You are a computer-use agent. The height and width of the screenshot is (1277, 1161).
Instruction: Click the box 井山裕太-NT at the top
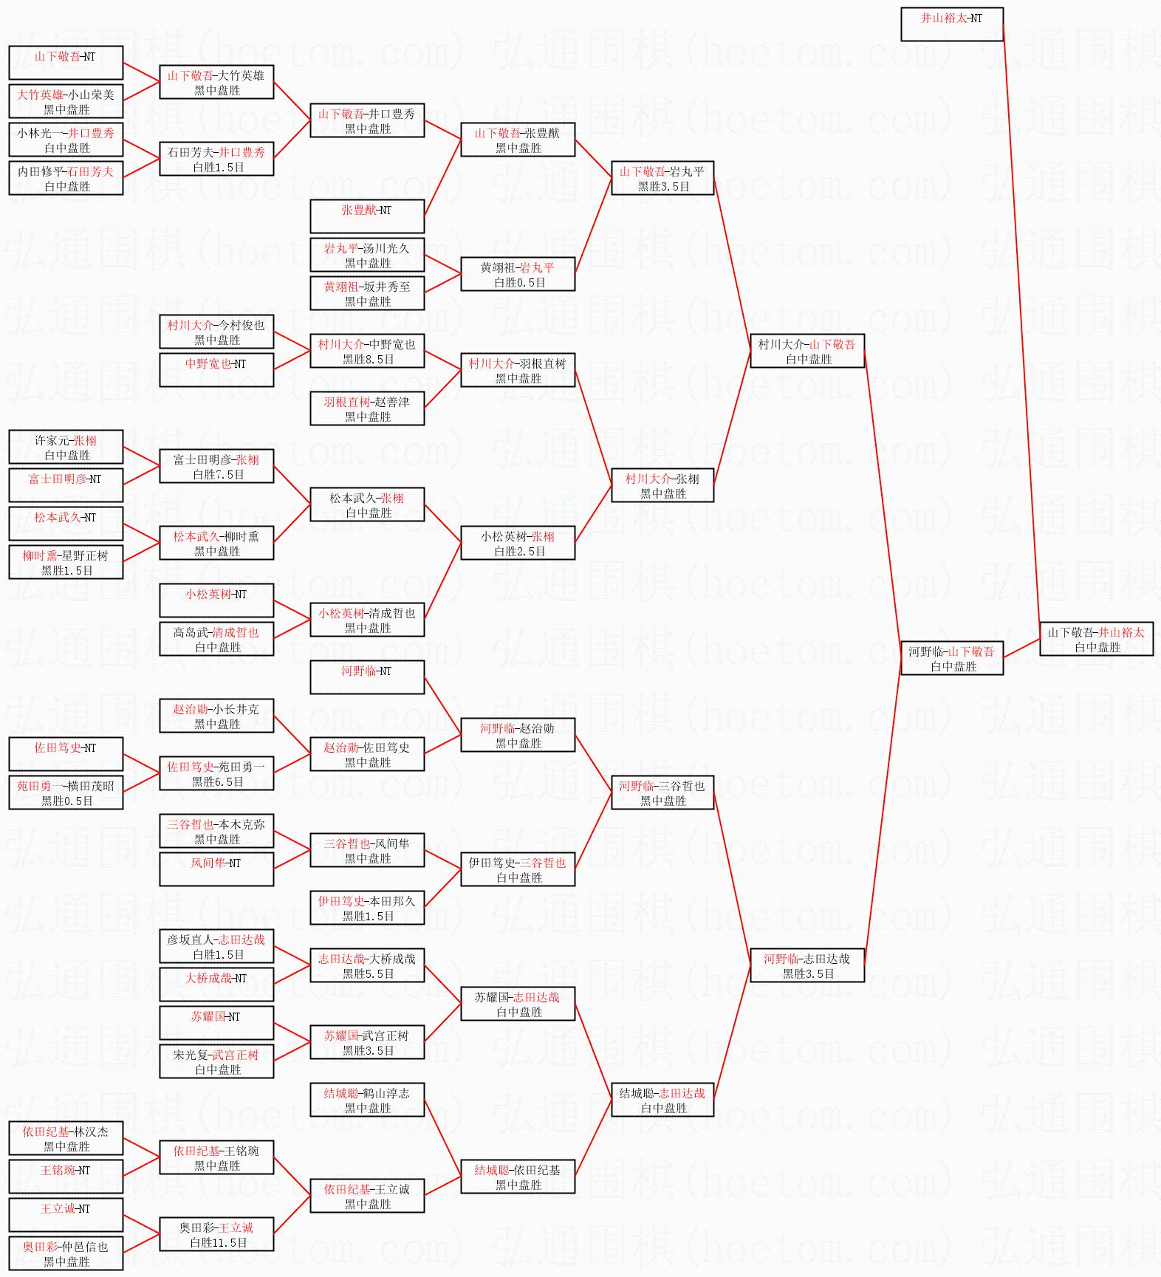[951, 24]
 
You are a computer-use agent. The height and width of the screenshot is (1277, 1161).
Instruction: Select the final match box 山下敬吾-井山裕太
[1096, 639]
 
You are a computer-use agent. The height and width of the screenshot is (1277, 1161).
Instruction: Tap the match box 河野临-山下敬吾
[951, 658]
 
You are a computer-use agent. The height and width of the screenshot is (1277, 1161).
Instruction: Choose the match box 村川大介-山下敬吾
[806, 351]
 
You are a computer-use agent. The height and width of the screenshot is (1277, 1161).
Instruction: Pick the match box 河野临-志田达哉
[806, 965]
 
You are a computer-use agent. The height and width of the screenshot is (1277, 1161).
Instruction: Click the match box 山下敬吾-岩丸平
[662, 178]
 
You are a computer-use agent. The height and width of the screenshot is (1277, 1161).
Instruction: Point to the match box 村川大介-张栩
[662, 485]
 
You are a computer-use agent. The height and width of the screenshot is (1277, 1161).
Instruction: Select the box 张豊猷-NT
[367, 216]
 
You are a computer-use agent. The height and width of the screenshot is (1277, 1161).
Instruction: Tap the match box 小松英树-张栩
[518, 543]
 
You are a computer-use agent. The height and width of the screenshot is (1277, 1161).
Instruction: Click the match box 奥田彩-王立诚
[216, 1234]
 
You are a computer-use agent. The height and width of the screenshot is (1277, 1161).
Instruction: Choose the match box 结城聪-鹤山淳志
[367, 1100]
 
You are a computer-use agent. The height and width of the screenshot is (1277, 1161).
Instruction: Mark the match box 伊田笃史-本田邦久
[367, 908]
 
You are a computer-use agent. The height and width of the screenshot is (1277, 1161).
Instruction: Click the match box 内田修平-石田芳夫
[66, 178]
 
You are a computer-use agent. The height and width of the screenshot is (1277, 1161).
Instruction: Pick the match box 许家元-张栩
[66, 447]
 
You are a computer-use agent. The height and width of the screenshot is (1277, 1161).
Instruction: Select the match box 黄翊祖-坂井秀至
[367, 293]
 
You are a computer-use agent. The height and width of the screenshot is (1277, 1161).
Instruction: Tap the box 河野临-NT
[367, 677]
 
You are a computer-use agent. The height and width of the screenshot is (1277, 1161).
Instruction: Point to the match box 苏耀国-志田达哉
[518, 1004]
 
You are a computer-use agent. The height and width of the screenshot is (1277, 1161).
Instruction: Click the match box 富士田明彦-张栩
[216, 466]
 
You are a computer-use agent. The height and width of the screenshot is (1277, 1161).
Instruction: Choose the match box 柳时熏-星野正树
[66, 562]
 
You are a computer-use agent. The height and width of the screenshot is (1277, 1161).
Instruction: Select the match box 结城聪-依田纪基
[518, 1177]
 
